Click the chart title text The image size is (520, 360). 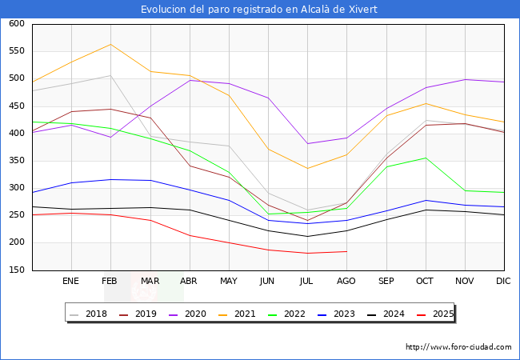(x=259, y=10)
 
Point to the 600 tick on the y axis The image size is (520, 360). (x=16, y=24)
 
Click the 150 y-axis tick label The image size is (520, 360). (x=16, y=270)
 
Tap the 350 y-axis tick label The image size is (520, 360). (x=16, y=161)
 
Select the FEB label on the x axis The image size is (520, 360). (x=110, y=281)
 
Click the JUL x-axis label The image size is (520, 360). (x=307, y=281)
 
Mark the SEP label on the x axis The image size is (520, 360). (x=386, y=281)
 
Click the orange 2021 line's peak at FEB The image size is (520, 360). (x=110, y=44)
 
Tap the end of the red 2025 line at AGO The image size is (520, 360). (x=346, y=251)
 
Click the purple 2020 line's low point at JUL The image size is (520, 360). (x=307, y=144)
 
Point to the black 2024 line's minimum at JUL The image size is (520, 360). (x=307, y=236)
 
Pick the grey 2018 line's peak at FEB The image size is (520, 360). (x=110, y=76)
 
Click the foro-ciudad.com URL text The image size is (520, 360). (x=458, y=347)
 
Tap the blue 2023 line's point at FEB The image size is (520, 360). (x=110, y=179)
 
